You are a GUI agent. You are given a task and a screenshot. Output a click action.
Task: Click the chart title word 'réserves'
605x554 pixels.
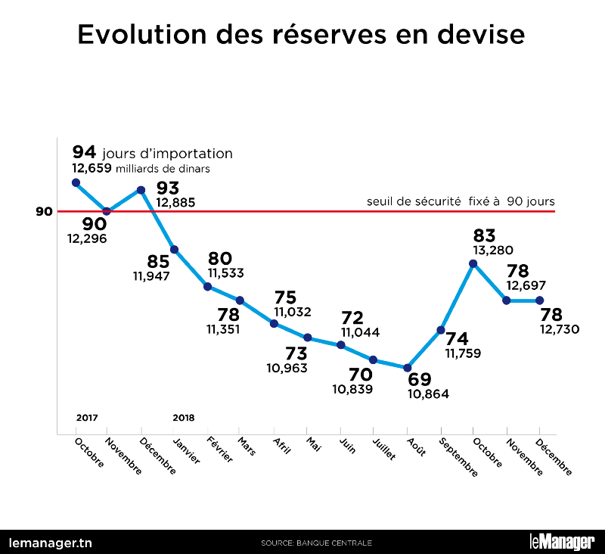pyautogui.click(x=304, y=35)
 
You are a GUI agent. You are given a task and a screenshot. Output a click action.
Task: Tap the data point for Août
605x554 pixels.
pyautogui.click(x=407, y=368)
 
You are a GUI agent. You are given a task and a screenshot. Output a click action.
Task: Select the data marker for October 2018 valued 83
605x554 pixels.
pyautogui.click(x=473, y=263)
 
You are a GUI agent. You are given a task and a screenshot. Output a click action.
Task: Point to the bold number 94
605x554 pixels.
pyautogui.click(x=83, y=153)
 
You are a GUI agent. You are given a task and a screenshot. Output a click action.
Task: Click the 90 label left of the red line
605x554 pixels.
pyautogui.click(x=44, y=211)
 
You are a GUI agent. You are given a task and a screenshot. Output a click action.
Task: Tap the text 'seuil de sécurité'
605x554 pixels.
pyautogui.click(x=413, y=201)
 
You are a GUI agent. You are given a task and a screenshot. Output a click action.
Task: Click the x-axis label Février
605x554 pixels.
pyautogui.click(x=219, y=453)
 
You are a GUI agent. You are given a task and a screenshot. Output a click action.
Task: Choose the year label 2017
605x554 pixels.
pyautogui.click(x=88, y=417)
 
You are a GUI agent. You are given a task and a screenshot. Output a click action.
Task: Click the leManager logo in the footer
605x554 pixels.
pyautogui.click(x=561, y=542)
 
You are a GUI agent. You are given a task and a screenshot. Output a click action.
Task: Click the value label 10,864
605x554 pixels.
pyautogui.click(x=428, y=394)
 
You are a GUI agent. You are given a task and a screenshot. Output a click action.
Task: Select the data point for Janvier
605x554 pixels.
pyautogui.click(x=175, y=250)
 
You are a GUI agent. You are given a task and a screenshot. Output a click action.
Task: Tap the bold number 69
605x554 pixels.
pyautogui.click(x=420, y=379)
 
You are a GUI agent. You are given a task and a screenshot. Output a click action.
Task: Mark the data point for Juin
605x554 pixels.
pyautogui.click(x=341, y=345)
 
